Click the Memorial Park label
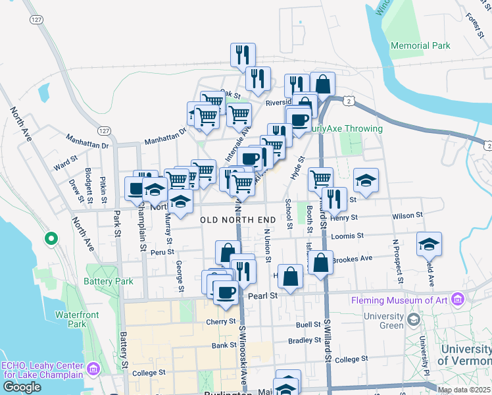click(x=420, y=45)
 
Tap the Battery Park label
click(x=109, y=281)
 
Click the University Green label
click(x=383, y=321)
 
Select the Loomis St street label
click(x=349, y=236)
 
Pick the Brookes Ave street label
click(x=352, y=259)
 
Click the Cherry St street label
click(x=220, y=321)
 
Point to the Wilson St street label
click(x=406, y=215)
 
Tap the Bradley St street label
click(x=305, y=340)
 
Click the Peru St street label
click(x=161, y=251)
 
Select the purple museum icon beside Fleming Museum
click(x=458, y=300)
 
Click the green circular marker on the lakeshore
click(x=49, y=238)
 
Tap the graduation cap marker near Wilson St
click(x=366, y=179)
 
